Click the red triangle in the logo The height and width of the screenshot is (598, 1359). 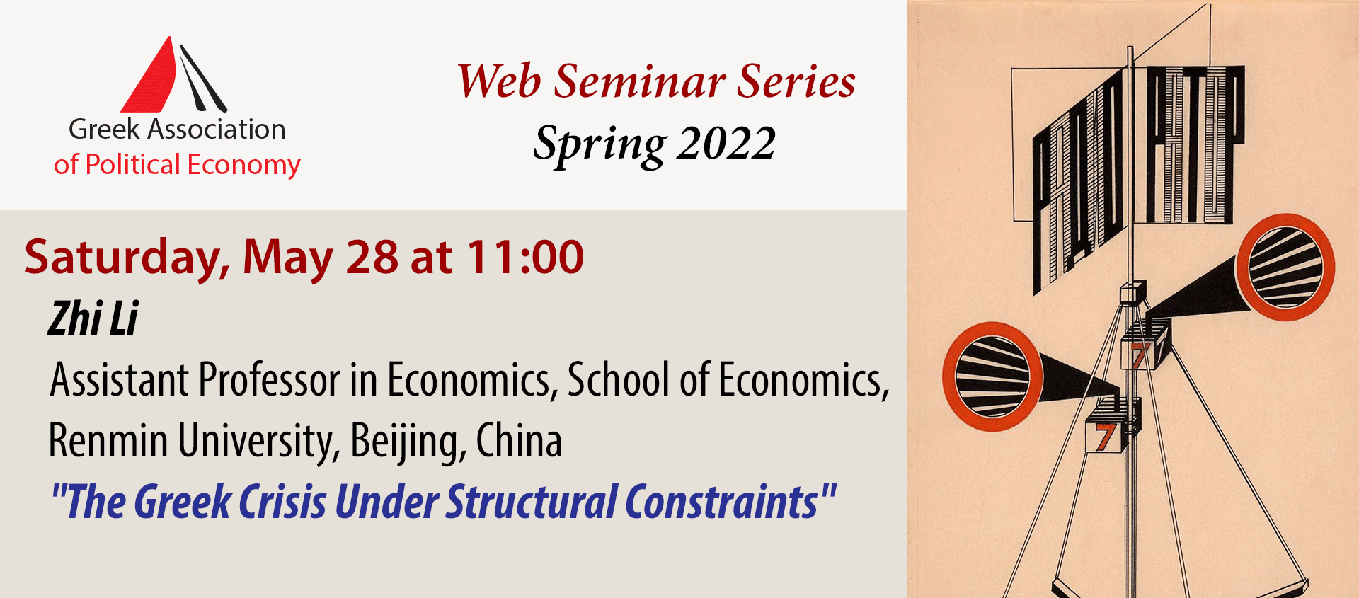point(152,81)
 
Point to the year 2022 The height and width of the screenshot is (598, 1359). point(726,144)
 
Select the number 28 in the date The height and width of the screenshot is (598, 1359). point(372,257)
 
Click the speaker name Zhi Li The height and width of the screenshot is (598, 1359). point(93,319)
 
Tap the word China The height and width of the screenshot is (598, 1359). point(519,441)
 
